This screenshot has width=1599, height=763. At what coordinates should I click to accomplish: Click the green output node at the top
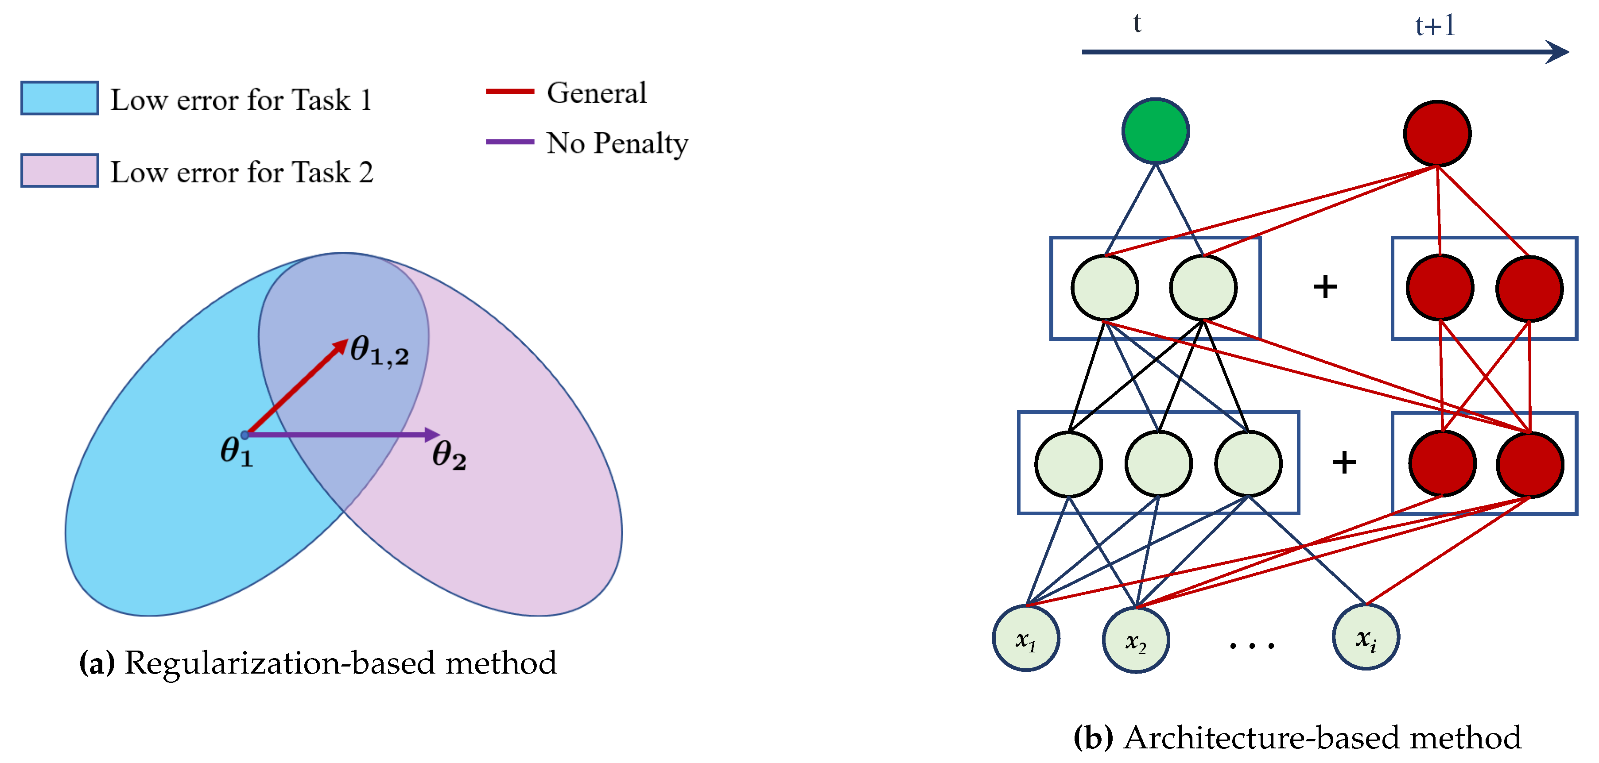[x=1155, y=131]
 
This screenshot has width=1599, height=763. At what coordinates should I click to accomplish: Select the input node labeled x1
[x=1025, y=638]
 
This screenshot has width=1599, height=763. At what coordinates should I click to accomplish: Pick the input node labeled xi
[x=1365, y=636]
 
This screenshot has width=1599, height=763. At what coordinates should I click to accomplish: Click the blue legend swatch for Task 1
[x=60, y=98]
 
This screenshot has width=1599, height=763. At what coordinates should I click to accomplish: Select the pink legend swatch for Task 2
[x=60, y=170]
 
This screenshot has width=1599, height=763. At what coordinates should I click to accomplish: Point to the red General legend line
[x=510, y=92]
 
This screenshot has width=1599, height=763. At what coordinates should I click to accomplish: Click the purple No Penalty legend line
[x=510, y=142]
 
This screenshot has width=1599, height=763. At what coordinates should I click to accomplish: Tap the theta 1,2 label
[x=379, y=351]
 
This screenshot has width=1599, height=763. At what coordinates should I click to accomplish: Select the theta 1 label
[x=237, y=451]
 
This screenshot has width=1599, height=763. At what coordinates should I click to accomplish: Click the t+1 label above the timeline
[x=1435, y=26]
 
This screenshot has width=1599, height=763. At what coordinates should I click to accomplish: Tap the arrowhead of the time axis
[x=1559, y=52]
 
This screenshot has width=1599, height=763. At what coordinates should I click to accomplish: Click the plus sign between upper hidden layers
[x=1325, y=287]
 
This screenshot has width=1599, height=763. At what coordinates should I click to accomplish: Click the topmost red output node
[x=1436, y=133]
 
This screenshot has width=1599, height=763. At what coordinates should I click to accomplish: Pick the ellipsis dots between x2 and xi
[x=1251, y=646]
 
